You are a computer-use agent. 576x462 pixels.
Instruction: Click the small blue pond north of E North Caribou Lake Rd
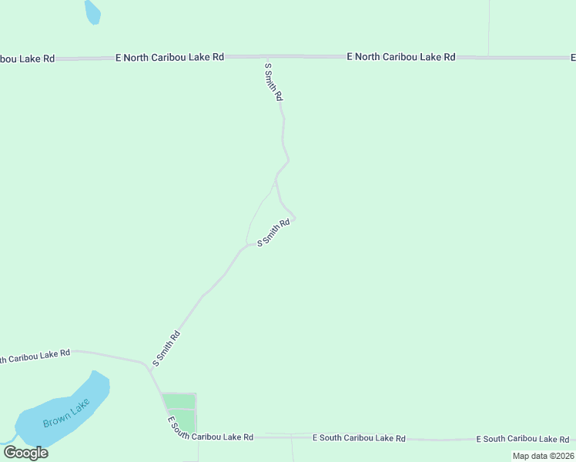[92, 12]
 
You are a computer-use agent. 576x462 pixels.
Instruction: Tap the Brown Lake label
[66, 413]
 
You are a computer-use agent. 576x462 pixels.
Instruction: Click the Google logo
[25, 452]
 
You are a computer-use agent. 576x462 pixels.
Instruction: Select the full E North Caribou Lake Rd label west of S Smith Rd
[169, 57]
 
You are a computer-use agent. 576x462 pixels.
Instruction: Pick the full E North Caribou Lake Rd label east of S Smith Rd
[401, 56]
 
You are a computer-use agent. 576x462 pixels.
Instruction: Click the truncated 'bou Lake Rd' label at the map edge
[28, 59]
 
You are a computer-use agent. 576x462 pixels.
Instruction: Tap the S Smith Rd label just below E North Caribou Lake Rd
[273, 82]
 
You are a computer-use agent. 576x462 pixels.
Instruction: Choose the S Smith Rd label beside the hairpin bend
[273, 233]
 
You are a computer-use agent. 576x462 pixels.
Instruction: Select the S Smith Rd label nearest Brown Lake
[166, 348]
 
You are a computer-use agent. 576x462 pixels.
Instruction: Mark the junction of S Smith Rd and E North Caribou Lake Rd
[266, 58]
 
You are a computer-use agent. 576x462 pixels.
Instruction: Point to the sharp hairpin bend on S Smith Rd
[294, 219]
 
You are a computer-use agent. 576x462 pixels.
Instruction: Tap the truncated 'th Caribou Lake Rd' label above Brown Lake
[35, 356]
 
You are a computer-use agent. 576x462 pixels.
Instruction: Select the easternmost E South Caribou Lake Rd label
[523, 439]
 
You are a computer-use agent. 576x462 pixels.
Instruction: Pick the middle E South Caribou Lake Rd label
[359, 437]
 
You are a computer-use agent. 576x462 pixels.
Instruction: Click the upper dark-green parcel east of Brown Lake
[179, 400]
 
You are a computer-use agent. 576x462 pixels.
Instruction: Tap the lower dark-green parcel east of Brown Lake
[186, 421]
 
